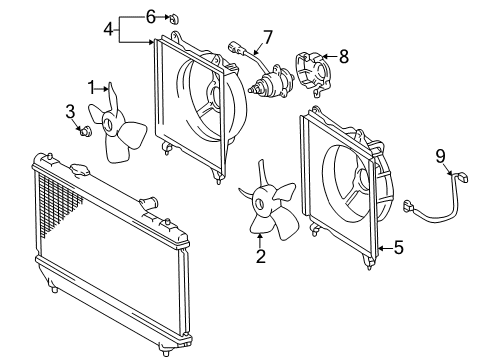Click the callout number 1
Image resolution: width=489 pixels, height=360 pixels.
point(91,88)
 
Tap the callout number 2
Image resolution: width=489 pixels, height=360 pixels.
point(261,256)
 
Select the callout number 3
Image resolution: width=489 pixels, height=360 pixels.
point(70,112)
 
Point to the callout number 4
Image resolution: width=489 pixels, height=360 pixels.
point(108,29)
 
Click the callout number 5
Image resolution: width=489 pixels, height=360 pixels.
point(399,248)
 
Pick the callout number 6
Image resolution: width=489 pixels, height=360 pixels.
point(151,17)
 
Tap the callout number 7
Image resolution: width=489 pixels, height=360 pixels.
point(268,37)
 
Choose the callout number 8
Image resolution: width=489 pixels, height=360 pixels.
point(344,56)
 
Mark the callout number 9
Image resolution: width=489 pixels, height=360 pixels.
point(440,156)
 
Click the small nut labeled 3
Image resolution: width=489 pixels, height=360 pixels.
point(86,131)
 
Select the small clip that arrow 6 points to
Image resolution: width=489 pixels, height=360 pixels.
point(174,19)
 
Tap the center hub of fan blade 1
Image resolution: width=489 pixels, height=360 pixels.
point(108,123)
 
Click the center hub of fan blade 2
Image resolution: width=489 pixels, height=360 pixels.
point(259,202)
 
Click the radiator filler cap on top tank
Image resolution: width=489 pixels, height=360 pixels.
point(80,170)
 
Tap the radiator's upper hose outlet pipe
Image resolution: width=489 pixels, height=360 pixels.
point(148,202)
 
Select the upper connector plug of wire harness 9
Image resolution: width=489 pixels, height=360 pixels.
point(463,177)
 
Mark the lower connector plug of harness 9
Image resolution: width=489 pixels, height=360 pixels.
point(409,206)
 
